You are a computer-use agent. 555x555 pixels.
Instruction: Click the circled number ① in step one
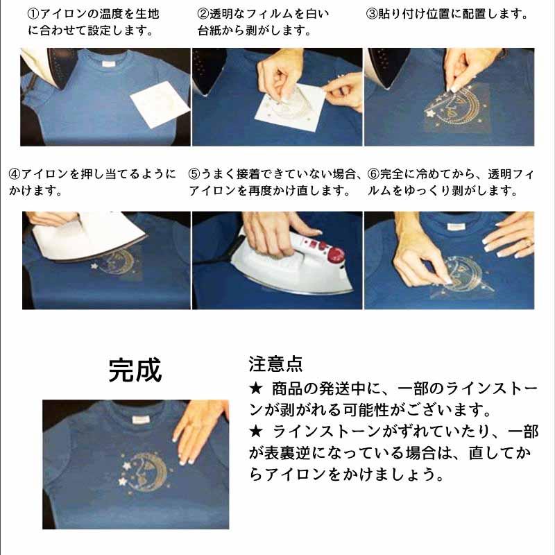(x=33, y=14)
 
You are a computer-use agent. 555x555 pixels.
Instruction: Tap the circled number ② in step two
(x=203, y=14)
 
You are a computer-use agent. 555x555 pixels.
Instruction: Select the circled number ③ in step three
(x=372, y=14)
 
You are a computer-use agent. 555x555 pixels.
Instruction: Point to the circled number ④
(x=15, y=174)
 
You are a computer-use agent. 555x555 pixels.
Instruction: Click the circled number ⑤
(x=195, y=174)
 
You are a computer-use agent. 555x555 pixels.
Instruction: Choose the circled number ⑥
(x=373, y=174)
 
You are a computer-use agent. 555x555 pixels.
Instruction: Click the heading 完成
(x=135, y=370)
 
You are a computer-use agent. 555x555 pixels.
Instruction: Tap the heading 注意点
(x=275, y=364)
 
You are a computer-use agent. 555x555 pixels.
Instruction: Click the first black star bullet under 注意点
(x=255, y=388)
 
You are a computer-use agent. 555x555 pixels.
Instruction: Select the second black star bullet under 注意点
(x=255, y=432)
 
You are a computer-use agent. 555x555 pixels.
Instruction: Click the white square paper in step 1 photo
(x=160, y=104)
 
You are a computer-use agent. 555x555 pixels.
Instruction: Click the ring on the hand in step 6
(x=527, y=243)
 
